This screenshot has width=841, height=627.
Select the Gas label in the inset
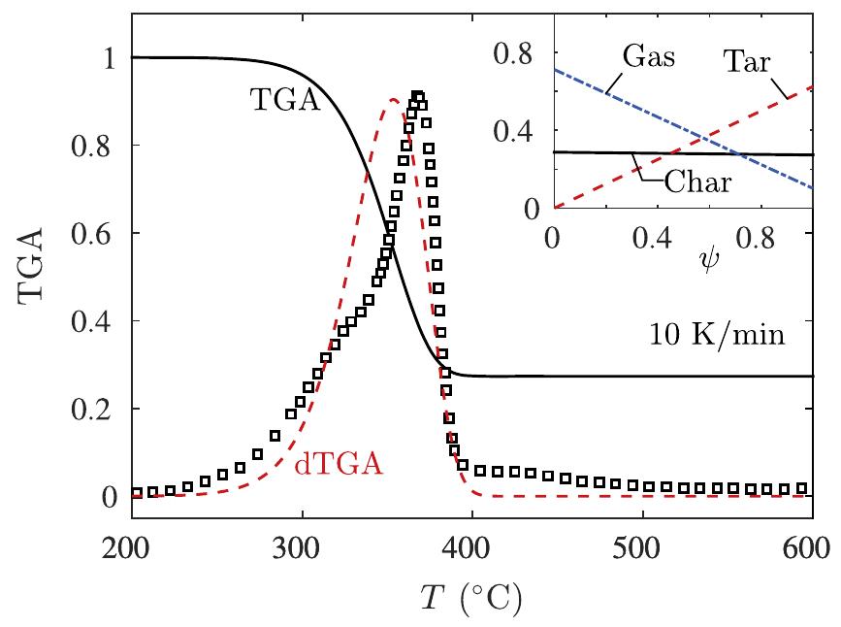(647, 55)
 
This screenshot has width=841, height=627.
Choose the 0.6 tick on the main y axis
(96, 233)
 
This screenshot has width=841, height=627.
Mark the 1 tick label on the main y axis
(110, 57)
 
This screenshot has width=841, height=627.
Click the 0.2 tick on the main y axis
(96, 409)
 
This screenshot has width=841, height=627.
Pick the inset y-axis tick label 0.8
(525, 54)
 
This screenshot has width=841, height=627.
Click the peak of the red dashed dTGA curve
(394, 99)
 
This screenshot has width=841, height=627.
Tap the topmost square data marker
(418, 96)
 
